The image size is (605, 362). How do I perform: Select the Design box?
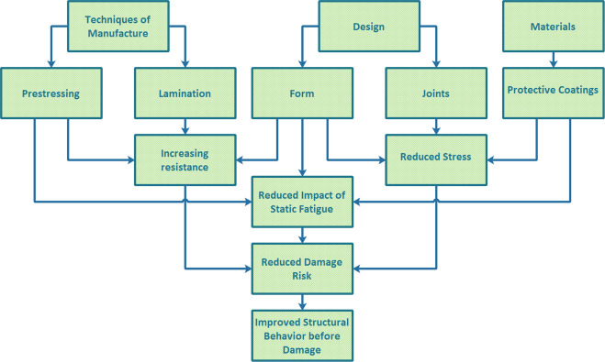click(368, 26)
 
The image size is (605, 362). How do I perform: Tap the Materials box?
click(553, 26)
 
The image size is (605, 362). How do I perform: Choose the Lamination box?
click(185, 93)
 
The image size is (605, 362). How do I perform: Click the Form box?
click(302, 93)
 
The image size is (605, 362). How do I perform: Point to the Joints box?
click(436, 93)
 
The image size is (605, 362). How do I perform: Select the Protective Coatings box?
click(553, 90)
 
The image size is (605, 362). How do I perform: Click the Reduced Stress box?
click(436, 156)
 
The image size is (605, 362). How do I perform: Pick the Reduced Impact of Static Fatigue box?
click(302, 202)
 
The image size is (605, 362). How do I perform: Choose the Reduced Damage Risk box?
click(302, 269)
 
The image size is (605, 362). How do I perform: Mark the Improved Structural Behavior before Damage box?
click(302, 335)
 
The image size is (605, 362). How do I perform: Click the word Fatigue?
click(319, 208)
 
